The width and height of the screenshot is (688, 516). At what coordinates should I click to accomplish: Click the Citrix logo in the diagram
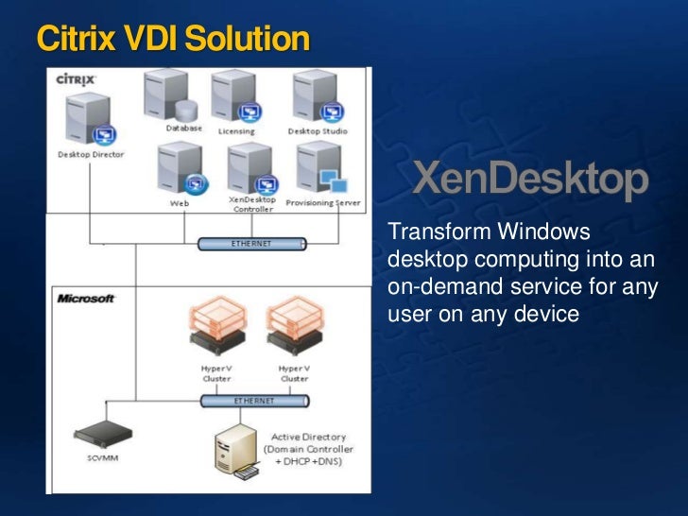tap(75, 80)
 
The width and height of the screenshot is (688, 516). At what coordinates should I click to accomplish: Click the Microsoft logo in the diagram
tap(86, 299)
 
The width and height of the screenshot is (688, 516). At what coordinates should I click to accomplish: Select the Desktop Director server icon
tap(88, 123)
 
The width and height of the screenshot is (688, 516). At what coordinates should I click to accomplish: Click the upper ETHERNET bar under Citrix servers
tap(251, 244)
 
